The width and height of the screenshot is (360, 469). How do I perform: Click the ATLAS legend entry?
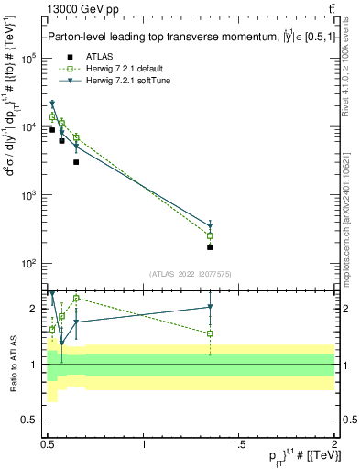(87, 56)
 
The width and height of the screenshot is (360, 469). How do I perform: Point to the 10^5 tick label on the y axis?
(30, 58)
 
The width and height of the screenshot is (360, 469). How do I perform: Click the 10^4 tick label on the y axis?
(30, 126)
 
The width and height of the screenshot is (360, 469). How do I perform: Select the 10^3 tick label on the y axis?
(30, 195)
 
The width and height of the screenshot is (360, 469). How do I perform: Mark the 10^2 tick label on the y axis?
(30, 264)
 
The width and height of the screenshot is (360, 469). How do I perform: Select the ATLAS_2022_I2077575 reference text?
(190, 274)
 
